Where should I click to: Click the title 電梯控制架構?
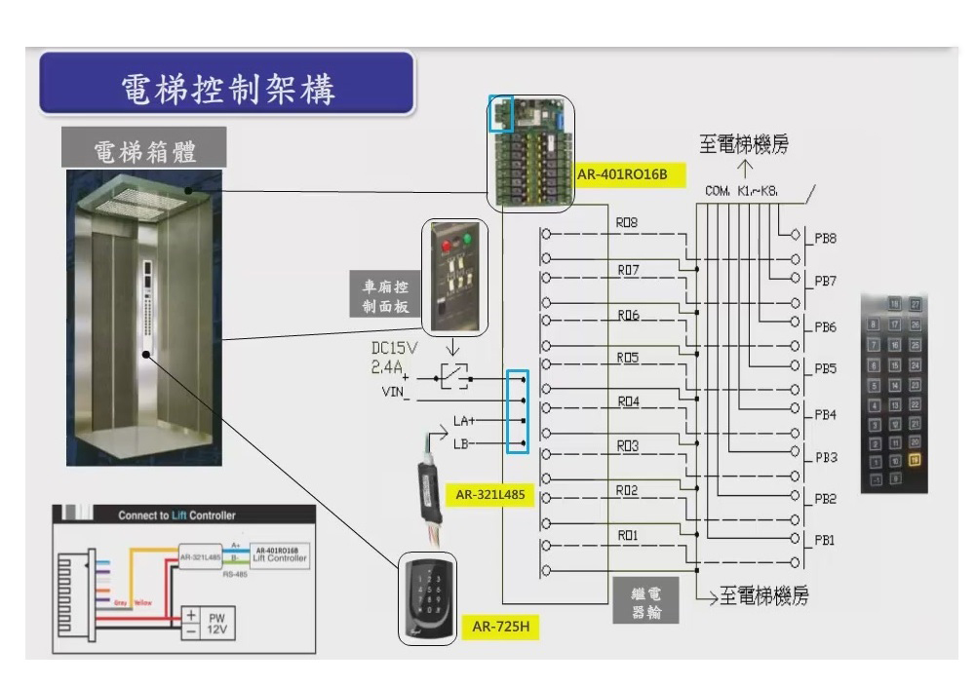pyautogui.click(x=226, y=88)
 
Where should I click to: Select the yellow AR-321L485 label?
pyautogui.click(x=490, y=494)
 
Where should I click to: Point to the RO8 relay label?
pyautogui.click(x=626, y=223)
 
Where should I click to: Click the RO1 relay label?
pyautogui.click(x=628, y=535)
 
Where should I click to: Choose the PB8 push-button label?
pyautogui.click(x=825, y=238)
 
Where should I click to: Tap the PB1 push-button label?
pyautogui.click(x=825, y=539)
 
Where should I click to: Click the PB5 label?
pyautogui.click(x=825, y=369)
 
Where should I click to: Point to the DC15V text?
pyautogui.click(x=396, y=348)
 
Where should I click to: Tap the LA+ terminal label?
pyautogui.click(x=464, y=422)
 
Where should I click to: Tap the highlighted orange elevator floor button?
pyautogui.click(x=915, y=459)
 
